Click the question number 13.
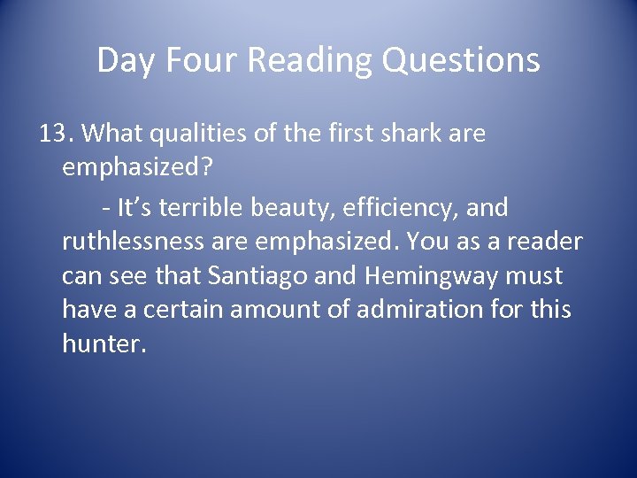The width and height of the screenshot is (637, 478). tap(57, 135)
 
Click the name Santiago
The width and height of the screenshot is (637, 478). tap(257, 276)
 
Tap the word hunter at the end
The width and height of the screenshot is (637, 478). tap(100, 343)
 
